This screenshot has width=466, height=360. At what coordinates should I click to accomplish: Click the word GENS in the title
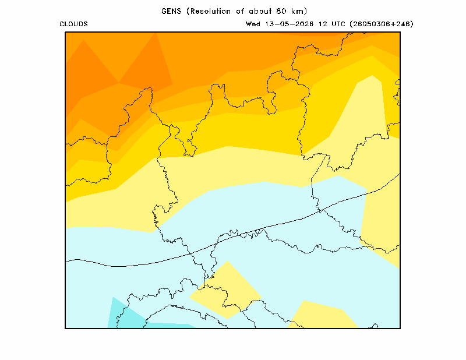pyautogui.click(x=171, y=11)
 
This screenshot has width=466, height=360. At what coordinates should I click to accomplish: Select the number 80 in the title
pyautogui.click(x=281, y=11)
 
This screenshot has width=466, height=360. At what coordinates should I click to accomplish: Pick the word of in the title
pyautogui.click(x=240, y=11)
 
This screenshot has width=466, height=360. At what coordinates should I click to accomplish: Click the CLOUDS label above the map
pyautogui.click(x=74, y=24)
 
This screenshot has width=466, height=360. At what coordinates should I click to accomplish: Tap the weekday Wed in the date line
pyautogui.click(x=253, y=24)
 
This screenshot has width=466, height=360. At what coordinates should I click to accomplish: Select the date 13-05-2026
pyautogui.click(x=289, y=24)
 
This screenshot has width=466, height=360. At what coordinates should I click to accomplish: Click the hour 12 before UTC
pyautogui.click(x=323, y=24)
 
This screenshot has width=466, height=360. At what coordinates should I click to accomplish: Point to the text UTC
pyautogui.click(x=338, y=24)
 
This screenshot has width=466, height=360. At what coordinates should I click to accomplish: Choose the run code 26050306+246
pyautogui.click(x=382, y=24)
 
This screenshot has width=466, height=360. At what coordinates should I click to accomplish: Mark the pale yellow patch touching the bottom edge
pyautogui.click(x=323, y=316)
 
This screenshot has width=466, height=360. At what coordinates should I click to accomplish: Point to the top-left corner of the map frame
pyautogui.click(x=65, y=32)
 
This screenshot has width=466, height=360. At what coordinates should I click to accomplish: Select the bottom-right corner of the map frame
pyautogui.click(x=400, y=328)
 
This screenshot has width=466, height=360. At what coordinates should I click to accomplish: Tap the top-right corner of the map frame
pyautogui.click(x=400, y=32)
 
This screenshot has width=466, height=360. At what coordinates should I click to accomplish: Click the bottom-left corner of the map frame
pyautogui.click(x=65, y=328)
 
